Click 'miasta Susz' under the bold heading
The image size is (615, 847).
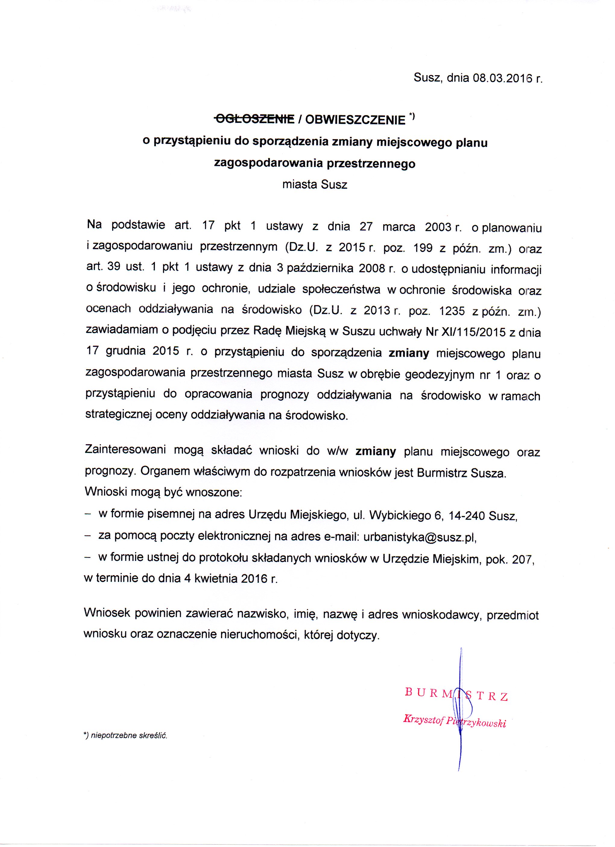pos(315,184)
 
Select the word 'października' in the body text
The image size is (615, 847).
pos(320,269)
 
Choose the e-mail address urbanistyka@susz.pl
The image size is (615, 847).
pos(420,537)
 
